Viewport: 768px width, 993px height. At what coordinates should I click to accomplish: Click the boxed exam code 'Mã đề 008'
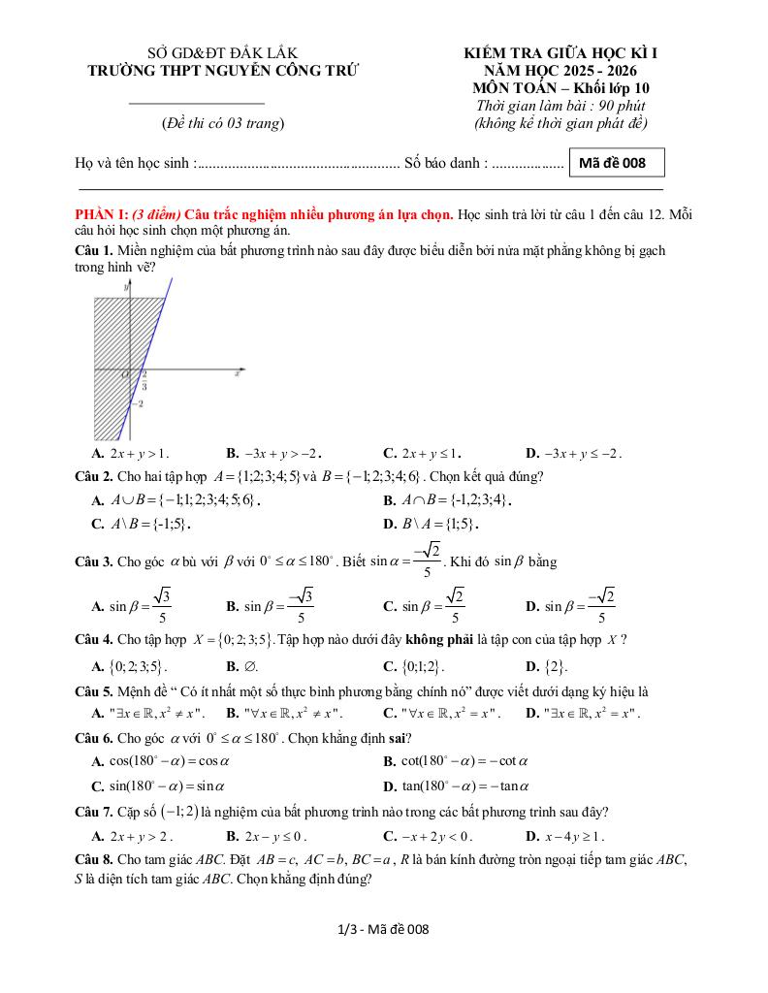[617, 163]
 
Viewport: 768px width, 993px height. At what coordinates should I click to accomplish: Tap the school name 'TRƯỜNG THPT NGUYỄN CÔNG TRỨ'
[223, 70]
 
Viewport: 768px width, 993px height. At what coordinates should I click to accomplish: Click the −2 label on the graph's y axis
[139, 403]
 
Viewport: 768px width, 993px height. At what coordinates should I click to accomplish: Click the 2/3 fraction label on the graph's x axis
[144, 379]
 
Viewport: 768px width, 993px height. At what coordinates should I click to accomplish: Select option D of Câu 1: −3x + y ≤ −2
[574, 453]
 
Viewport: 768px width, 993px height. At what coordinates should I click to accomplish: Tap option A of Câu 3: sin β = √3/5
[132, 606]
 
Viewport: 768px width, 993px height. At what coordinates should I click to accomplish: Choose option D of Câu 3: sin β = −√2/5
[571, 606]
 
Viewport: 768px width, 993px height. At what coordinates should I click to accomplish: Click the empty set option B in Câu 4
[242, 666]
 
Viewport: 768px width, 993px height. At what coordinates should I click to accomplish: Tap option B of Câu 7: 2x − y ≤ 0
[267, 836]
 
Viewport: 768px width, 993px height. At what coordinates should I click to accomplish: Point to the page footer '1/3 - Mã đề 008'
[383, 929]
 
